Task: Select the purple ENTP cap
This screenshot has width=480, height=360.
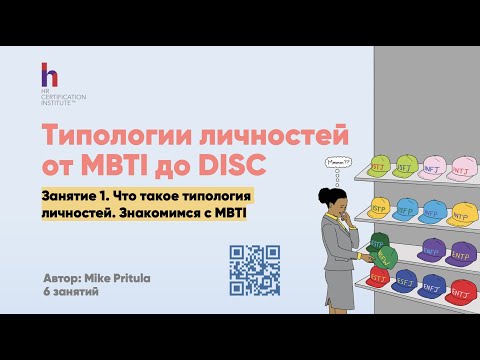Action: [461, 250]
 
